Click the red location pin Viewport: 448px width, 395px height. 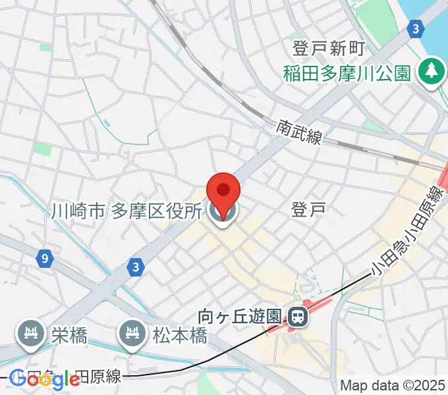pyautogui.click(x=223, y=191)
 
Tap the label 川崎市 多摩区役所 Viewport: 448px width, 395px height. pyautogui.click(x=126, y=211)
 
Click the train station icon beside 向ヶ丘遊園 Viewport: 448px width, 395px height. pyautogui.click(x=298, y=318)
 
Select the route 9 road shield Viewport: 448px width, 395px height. pyautogui.click(x=43, y=259)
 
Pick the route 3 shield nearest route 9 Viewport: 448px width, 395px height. pyautogui.click(x=136, y=267)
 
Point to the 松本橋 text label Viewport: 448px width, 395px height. pyautogui.click(x=181, y=335)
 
